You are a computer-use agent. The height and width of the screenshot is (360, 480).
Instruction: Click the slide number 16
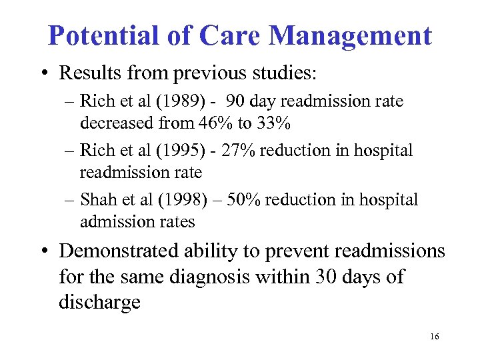[434, 337]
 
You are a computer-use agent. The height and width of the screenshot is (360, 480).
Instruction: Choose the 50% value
[246, 200]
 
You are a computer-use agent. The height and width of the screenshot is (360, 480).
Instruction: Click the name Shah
[96, 200]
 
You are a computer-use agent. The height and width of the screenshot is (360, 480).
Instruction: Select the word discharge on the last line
[100, 301]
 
